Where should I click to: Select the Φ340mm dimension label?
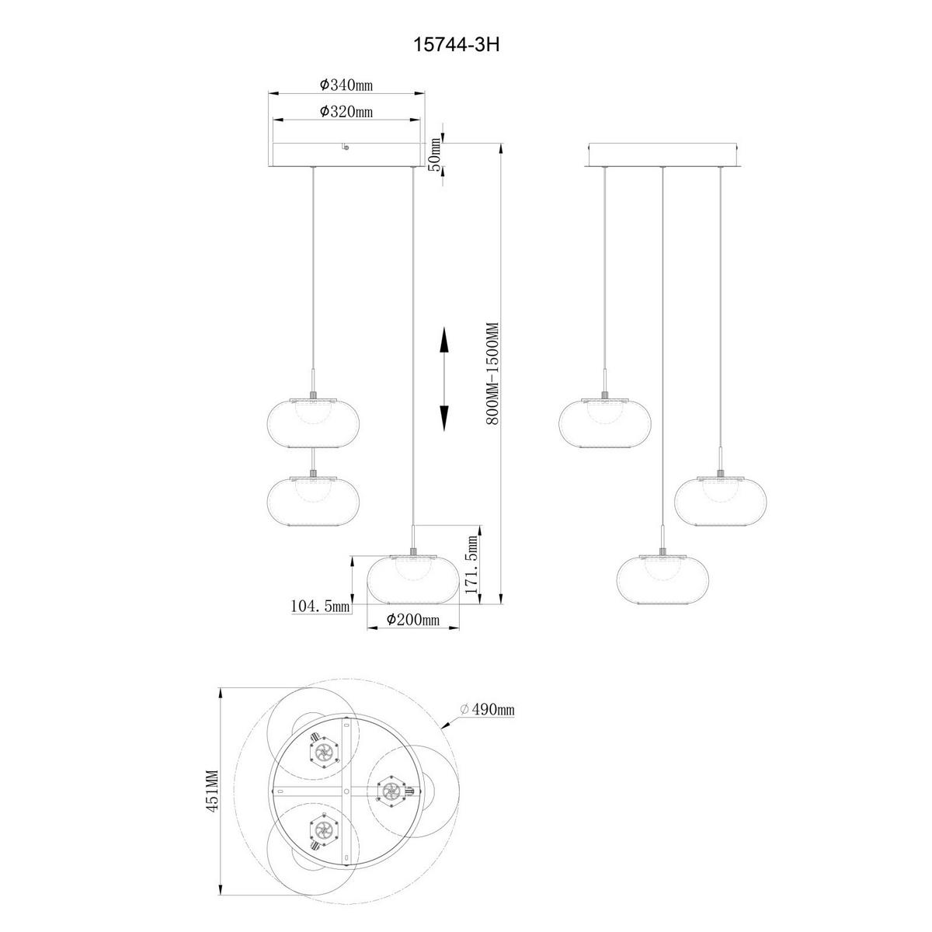(346, 85)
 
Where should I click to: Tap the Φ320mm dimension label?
(346, 111)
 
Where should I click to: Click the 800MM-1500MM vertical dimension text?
(491, 374)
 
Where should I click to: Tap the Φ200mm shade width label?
(413, 619)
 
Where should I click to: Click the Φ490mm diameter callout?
(487, 709)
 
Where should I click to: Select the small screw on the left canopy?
(346, 147)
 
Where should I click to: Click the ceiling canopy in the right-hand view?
(662, 154)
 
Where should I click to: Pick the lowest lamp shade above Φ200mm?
(412, 579)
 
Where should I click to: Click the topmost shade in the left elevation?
(312, 423)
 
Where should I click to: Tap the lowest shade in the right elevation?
(662, 578)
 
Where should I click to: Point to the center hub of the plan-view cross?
(346, 791)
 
